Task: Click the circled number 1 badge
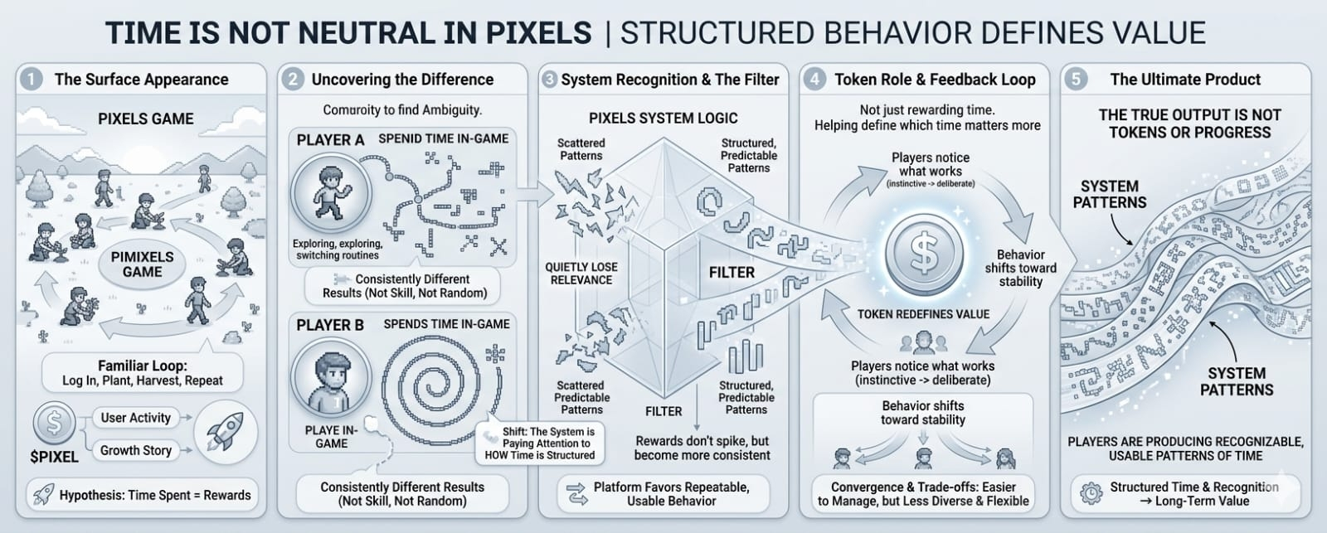coord(32,80)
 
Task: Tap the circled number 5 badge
coord(1076,80)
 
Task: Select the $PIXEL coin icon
coord(54,424)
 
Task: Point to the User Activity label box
coord(136,418)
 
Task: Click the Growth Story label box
coord(136,450)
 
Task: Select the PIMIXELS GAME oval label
coord(143,264)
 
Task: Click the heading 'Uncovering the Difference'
coord(402,80)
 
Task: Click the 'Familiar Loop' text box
coord(143,372)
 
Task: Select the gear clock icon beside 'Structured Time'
coord(1091,494)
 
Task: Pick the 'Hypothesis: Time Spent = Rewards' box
coord(143,495)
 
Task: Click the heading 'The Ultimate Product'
coord(1185,80)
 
